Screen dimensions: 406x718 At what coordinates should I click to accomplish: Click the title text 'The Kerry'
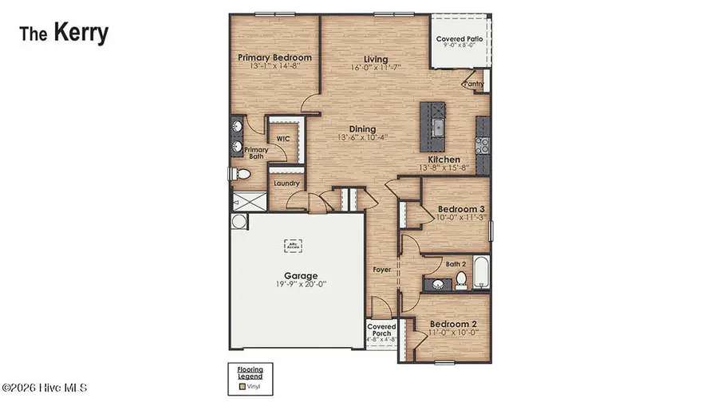(64, 34)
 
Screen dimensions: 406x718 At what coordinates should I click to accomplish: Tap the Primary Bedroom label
(274, 57)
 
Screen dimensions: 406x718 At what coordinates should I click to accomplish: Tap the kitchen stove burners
(483, 145)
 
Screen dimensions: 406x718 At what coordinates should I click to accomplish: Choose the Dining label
(362, 128)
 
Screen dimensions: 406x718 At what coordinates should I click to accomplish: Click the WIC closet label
(282, 138)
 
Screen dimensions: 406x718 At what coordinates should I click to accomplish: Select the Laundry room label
(286, 183)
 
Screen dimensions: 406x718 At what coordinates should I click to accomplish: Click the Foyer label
(382, 270)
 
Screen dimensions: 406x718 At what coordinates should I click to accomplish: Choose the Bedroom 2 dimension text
(452, 332)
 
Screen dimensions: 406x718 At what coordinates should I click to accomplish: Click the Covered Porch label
(381, 331)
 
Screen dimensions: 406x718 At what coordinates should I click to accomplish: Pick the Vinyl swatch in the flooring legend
(242, 386)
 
